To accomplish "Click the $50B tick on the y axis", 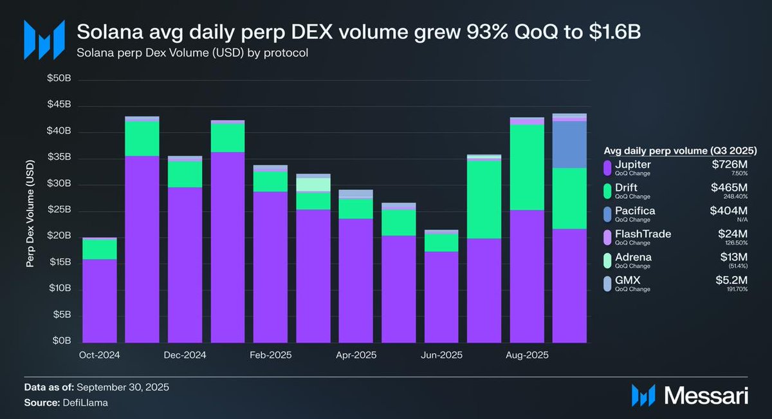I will point(62,79).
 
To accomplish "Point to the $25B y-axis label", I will point(62,210).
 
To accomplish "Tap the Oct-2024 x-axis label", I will point(99,355).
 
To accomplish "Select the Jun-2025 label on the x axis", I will point(441,355).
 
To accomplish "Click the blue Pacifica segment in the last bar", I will point(569,144).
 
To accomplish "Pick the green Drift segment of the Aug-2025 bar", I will point(527,167).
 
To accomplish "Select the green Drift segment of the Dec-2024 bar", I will point(185,174).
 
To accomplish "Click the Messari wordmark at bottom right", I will point(708,395).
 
